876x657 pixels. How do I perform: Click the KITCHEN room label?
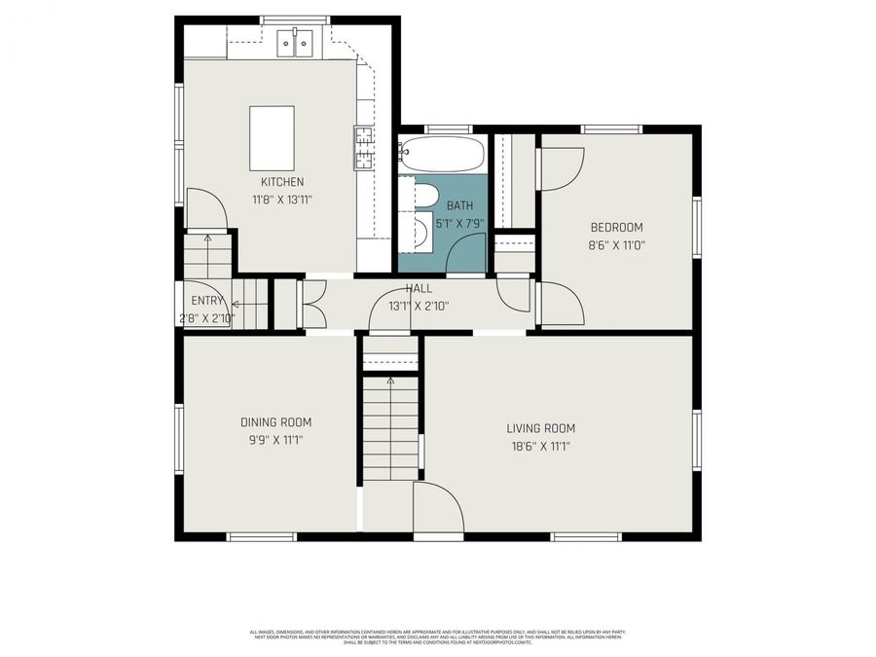(282, 182)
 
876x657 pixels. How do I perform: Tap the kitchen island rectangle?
(272, 138)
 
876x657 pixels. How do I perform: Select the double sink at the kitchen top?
(296, 42)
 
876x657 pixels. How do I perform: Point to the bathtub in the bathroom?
(441, 155)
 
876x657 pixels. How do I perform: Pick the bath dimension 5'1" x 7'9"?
(458, 223)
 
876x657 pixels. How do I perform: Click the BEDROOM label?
(616, 228)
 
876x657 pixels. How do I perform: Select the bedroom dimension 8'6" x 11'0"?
(616, 245)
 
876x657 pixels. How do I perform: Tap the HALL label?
(419, 289)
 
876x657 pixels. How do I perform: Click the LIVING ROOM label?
(540, 428)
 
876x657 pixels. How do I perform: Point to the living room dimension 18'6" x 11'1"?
(540, 446)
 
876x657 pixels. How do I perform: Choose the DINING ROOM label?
(275, 422)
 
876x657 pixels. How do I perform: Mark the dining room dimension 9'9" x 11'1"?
(275, 440)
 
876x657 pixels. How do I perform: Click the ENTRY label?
(207, 301)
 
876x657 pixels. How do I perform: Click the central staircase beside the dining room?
(390, 428)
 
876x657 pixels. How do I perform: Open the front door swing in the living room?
(437, 508)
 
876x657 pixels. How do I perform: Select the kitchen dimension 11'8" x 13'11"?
(282, 199)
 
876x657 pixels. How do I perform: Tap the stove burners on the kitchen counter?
(364, 148)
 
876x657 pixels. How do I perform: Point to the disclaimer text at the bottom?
(438, 636)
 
